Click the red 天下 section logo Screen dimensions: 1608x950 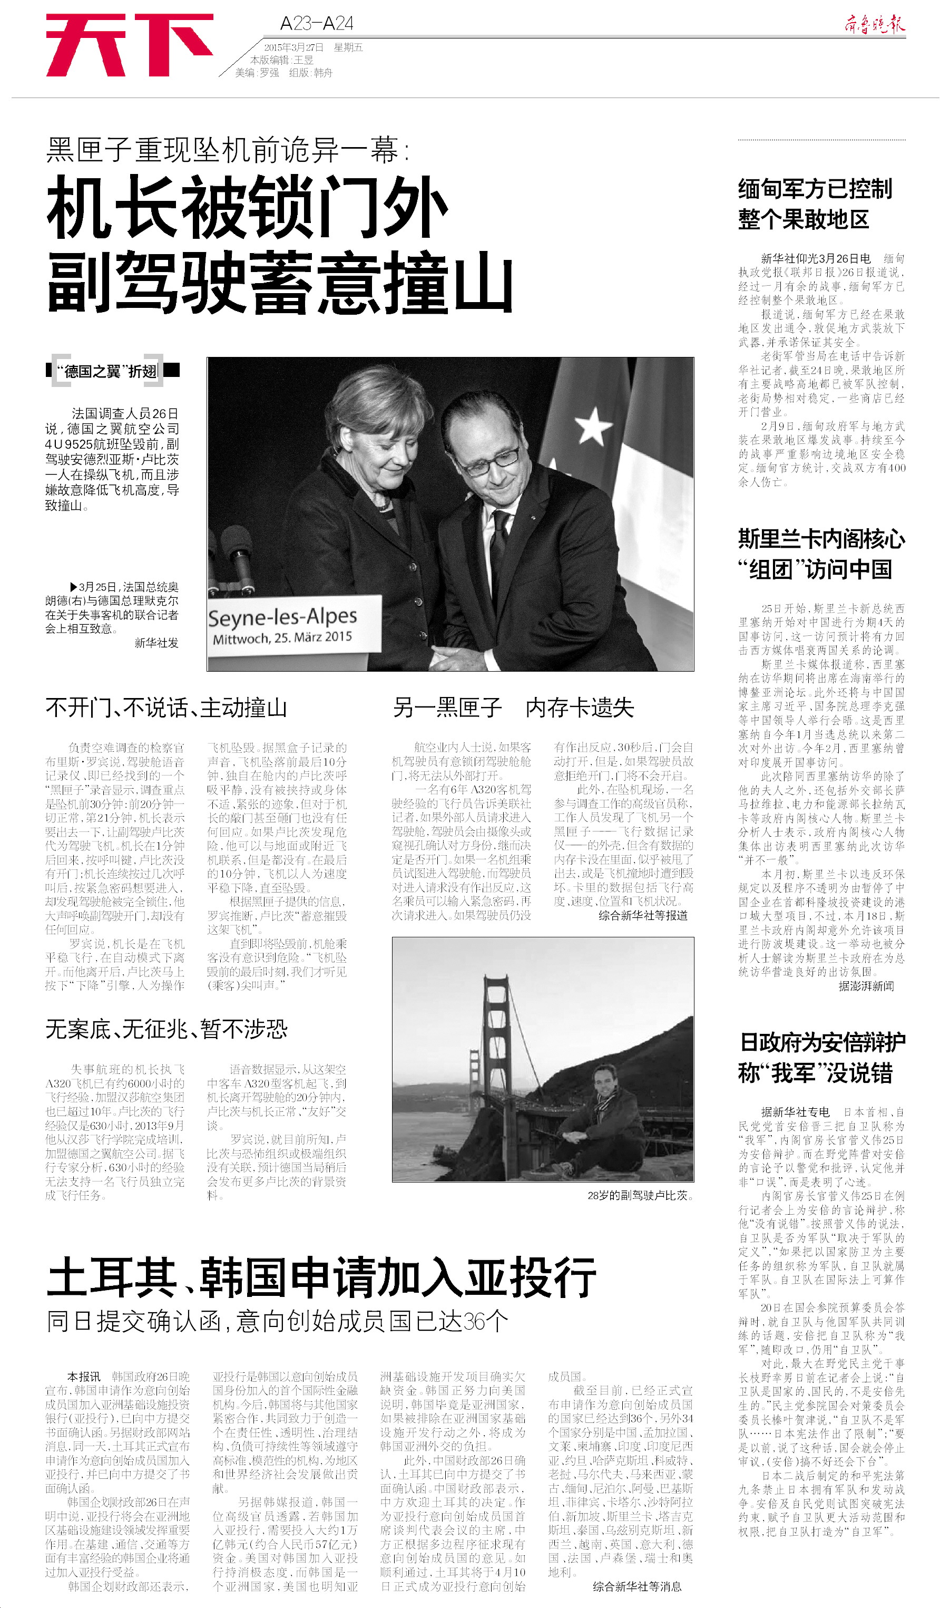click(x=129, y=45)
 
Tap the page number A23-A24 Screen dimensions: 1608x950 click(x=316, y=24)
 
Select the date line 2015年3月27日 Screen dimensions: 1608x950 click(x=294, y=47)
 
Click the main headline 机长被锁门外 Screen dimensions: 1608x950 click(x=247, y=208)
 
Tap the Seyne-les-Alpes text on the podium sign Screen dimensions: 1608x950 click(x=282, y=617)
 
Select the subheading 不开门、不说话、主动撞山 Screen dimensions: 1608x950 click(x=166, y=708)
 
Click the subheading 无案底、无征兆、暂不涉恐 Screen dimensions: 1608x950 click(x=167, y=1029)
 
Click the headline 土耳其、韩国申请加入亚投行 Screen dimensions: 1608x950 click(x=321, y=1277)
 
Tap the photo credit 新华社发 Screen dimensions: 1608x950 click(x=156, y=643)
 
